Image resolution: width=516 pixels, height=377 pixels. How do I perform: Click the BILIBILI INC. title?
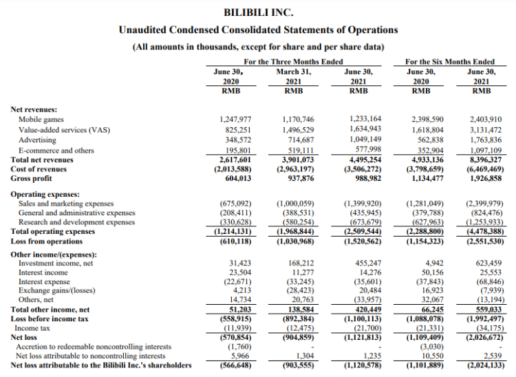point(258,12)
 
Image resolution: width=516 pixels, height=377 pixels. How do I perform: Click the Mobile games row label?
point(42,119)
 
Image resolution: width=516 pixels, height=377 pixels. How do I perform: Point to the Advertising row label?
point(39,140)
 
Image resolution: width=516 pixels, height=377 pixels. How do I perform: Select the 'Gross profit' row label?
point(34,178)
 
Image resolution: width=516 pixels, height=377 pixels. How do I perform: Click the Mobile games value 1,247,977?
point(234,119)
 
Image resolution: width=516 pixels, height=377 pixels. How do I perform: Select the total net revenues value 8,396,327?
point(482,159)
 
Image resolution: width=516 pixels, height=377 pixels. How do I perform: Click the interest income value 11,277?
point(301,272)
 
